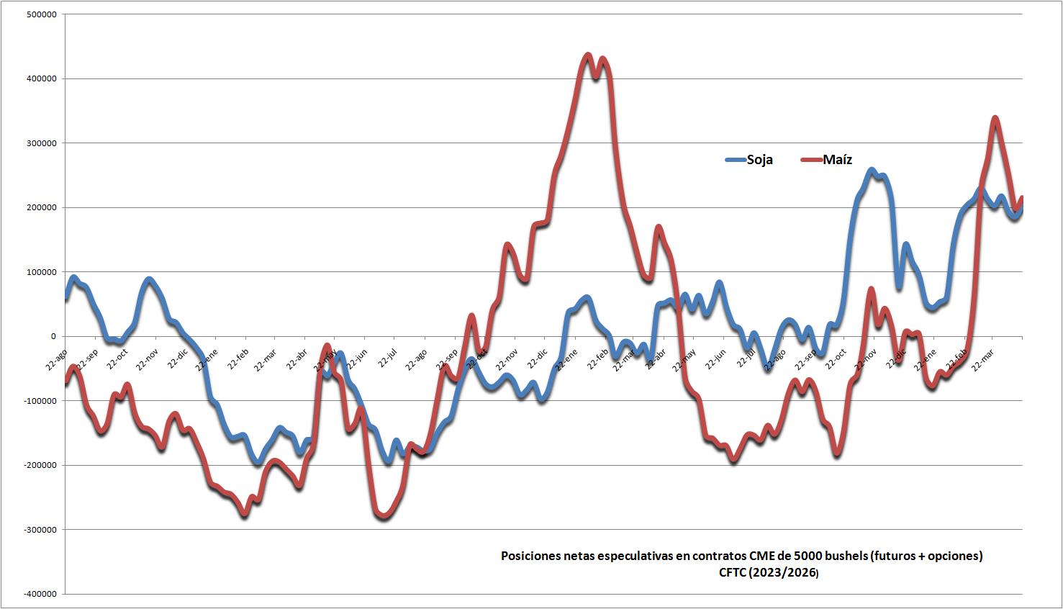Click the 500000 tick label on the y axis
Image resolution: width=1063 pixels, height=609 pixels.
[41, 14]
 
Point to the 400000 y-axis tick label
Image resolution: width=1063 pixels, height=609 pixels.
[41, 78]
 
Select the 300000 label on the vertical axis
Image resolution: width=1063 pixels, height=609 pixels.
[41, 143]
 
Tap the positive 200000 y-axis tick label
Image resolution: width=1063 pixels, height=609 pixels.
[41, 207]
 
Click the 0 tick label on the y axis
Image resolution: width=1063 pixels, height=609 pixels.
[53, 336]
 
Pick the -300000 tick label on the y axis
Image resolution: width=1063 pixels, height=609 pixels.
[40, 530]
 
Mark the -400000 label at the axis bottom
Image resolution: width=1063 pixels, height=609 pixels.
[40, 594]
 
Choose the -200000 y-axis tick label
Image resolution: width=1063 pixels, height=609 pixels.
[40, 465]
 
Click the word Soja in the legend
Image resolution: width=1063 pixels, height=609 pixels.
[759, 160]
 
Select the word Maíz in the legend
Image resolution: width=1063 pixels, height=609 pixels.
[837, 160]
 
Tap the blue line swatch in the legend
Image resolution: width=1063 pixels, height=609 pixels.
[736, 160]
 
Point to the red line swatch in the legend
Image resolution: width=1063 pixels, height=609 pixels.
[812, 160]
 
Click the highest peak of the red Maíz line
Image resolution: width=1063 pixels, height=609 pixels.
[588, 55]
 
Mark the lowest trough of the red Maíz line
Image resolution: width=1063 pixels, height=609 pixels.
[383, 517]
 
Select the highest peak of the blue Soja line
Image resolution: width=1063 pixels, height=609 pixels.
[872, 170]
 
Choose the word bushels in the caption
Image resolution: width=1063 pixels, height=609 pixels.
[846, 556]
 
